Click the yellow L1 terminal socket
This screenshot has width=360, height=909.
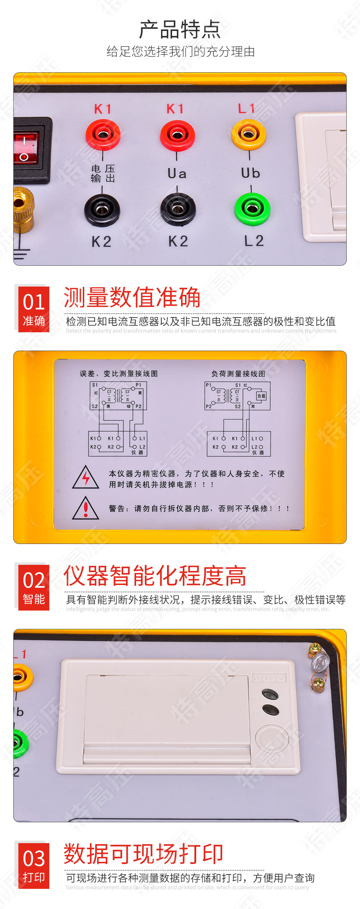(248, 135)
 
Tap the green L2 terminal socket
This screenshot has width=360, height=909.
(252, 209)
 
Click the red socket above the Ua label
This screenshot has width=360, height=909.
(177, 135)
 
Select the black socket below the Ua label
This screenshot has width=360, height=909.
(178, 209)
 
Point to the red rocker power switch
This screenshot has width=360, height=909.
(25, 148)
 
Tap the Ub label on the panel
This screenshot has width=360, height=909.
(251, 173)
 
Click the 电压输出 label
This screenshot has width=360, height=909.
(103, 174)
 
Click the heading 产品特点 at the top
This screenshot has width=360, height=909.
(180, 30)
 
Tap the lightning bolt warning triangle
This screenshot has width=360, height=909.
(86, 478)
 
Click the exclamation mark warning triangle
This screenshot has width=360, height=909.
(86, 509)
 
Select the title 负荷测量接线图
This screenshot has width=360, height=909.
(238, 374)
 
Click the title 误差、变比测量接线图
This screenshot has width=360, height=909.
(119, 374)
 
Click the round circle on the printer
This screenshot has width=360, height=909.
(272, 738)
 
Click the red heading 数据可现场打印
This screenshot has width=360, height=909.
(143, 854)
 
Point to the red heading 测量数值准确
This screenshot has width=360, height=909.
(132, 297)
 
